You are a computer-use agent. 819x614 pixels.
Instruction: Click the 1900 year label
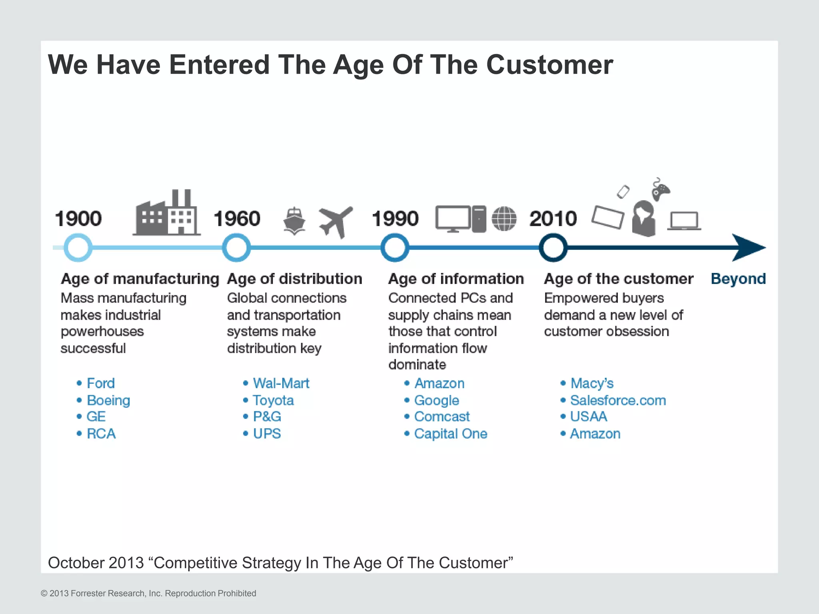tap(78, 219)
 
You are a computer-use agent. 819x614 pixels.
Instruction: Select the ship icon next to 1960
tap(294, 221)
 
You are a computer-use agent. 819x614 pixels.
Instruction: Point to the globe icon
tap(504, 219)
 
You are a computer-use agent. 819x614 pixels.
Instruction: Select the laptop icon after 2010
tap(684, 221)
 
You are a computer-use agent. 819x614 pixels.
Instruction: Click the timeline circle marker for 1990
tap(395, 247)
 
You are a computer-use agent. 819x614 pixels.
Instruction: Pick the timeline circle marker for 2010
tap(553, 247)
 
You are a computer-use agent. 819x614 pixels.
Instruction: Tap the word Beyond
tap(738, 279)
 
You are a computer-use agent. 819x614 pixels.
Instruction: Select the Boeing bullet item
tap(108, 400)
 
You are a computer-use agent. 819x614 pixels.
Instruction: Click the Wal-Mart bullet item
tap(281, 383)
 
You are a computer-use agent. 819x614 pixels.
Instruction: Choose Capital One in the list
tap(451, 434)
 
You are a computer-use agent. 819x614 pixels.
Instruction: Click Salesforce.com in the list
tap(618, 400)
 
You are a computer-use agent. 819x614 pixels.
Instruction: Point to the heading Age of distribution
tap(295, 279)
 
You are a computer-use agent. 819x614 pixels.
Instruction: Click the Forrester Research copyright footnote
tap(148, 593)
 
